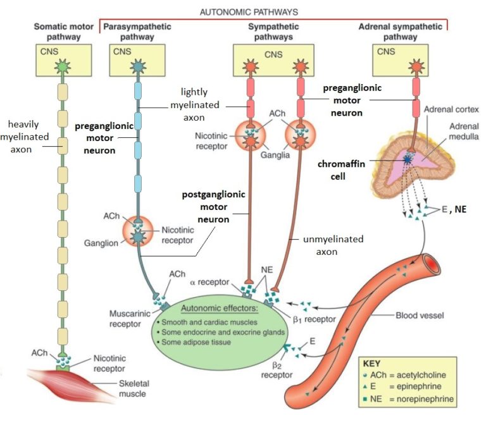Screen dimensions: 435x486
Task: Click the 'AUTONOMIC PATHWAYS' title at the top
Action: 248,11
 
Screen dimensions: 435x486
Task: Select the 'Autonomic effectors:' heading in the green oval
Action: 218,309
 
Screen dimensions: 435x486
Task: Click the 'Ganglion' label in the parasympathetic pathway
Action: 100,242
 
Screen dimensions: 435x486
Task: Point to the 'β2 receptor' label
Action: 278,370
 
